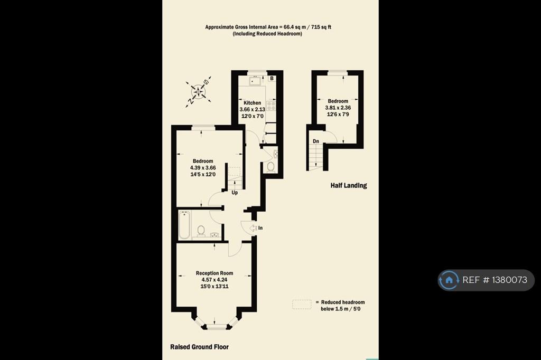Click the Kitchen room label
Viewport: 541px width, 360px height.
click(252, 103)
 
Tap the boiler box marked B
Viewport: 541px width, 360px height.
click(272, 78)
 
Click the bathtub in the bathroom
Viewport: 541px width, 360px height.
click(184, 225)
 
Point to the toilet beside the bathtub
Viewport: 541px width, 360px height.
click(200, 231)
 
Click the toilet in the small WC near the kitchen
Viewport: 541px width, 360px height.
click(270, 167)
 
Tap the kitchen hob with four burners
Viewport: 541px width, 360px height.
click(271, 106)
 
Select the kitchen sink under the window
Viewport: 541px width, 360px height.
click(255, 81)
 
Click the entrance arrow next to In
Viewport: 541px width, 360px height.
click(253, 228)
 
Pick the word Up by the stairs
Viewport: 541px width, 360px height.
click(235, 193)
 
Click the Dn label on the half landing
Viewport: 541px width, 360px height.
click(316, 141)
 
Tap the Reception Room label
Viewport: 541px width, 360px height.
click(214, 273)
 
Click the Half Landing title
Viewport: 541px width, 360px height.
click(349, 185)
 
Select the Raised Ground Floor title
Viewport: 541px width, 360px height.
click(199, 347)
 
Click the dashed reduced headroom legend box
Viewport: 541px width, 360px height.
click(302, 305)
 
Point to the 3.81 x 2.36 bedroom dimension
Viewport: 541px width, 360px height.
click(338, 108)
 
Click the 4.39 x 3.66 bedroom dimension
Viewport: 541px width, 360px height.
click(203, 167)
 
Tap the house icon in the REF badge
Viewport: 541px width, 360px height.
click(449, 280)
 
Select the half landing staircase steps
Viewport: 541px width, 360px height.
click(316, 156)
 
